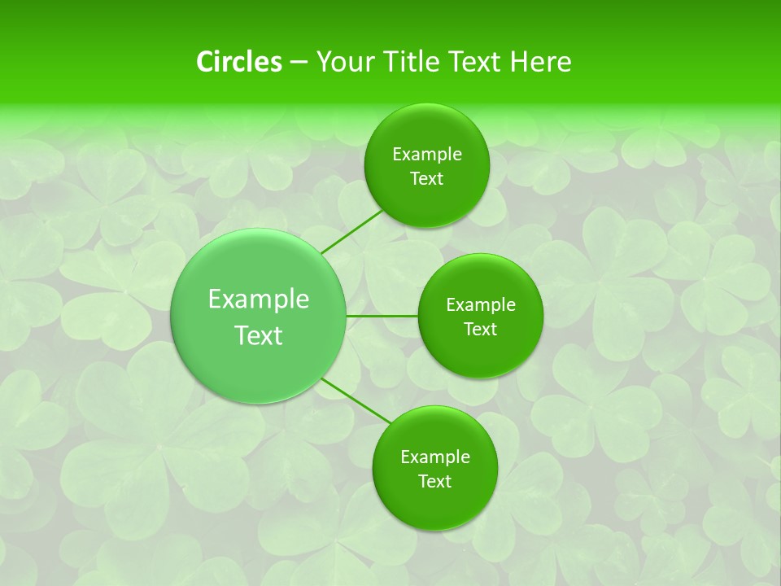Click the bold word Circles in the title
(x=239, y=62)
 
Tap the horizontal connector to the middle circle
(x=382, y=316)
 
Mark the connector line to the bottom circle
(x=355, y=400)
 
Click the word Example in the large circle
(x=259, y=300)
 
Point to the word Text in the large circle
(x=259, y=335)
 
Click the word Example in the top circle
(x=427, y=155)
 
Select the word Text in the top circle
(x=426, y=179)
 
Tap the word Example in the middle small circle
(x=481, y=305)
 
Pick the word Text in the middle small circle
(x=480, y=330)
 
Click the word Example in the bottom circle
(x=435, y=457)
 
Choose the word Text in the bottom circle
(x=434, y=482)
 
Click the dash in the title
(x=299, y=63)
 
